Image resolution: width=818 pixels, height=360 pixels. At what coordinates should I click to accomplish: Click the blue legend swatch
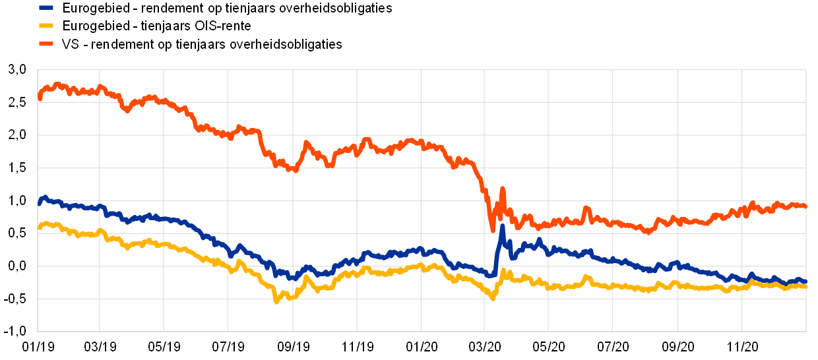pyautogui.click(x=46, y=8)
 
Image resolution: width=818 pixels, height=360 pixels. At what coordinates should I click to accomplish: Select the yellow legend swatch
pyautogui.click(x=46, y=26)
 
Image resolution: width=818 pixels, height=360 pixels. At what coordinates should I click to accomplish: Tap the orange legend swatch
pyautogui.click(x=46, y=44)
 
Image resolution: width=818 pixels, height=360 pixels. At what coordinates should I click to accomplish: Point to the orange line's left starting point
pyautogui.click(x=40, y=98)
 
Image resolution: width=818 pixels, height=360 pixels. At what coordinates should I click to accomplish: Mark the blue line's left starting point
pyautogui.click(x=40, y=203)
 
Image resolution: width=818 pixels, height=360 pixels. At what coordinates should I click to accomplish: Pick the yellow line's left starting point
pyautogui.click(x=40, y=228)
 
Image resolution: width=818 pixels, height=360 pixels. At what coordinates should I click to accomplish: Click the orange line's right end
pyautogui.click(x=805, y=206)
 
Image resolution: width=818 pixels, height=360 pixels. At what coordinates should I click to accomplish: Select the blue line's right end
pyautogui.click(x=805, y=282)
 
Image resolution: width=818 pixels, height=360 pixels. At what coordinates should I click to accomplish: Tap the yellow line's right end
pyautogui.click(x=805, y=286)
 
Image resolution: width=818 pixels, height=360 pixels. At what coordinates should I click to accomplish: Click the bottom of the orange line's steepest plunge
pyautogui.click(x=493, y=230)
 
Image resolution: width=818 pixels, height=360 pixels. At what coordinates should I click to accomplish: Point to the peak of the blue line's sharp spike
pyautogui.click(x=502, y=226)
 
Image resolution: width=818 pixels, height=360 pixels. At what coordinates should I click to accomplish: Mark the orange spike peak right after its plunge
pyautogui.click(x=502, y=189)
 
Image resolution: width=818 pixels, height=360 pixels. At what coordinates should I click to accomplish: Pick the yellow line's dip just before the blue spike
pyautogui.click(x=493, y=299)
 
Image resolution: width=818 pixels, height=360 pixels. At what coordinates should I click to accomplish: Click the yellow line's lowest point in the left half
pyautogui.click(x=276, y=301)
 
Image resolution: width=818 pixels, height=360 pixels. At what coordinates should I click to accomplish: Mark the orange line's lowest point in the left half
pyautogui.click(x=295, y=170)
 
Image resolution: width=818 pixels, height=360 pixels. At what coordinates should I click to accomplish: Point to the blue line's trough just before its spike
pyautogui.click(x=491, y=276)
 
